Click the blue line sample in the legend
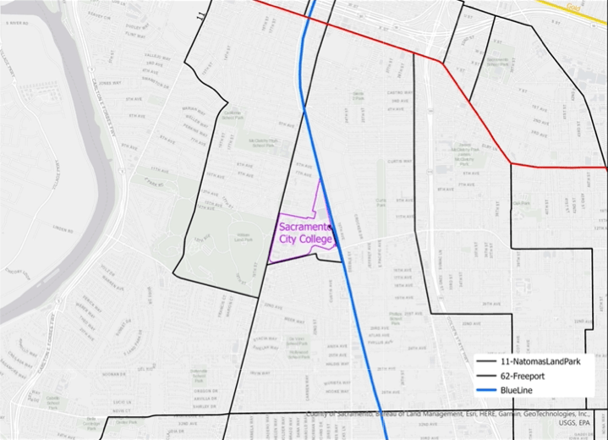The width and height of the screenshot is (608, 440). click(x=487, y=389)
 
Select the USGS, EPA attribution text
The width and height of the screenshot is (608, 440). click(x=586, y=426)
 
